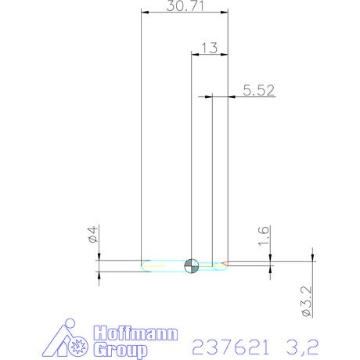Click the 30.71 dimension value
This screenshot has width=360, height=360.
click(x=185, y=5)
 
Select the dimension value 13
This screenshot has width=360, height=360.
click(x=210, y=48)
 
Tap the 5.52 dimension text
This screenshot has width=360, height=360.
click(x=259, y=90)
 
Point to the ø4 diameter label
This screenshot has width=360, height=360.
click(x=93, y=235)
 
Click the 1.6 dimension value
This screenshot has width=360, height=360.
click(x=264, y=236)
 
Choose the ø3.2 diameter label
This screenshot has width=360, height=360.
click(x=307, y=301)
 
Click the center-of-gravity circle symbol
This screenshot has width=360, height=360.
click(x=192, y=266)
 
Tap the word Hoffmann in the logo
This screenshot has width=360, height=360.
click(x=135, y=333)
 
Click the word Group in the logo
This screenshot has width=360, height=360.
click(x=121, y=350)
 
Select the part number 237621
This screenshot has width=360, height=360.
click(x=231, y=347)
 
